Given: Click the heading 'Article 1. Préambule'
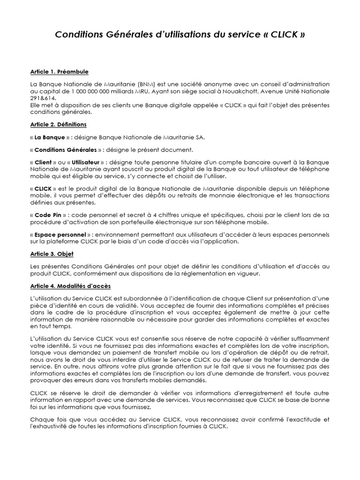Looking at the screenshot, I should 59,72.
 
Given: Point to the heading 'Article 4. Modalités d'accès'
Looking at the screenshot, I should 70,285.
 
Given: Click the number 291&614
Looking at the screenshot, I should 42,98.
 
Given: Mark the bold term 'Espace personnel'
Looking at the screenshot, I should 60,234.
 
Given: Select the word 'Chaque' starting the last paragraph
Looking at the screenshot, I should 40,419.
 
